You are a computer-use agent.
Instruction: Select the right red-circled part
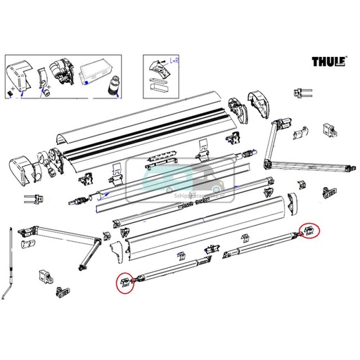(307, 229)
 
